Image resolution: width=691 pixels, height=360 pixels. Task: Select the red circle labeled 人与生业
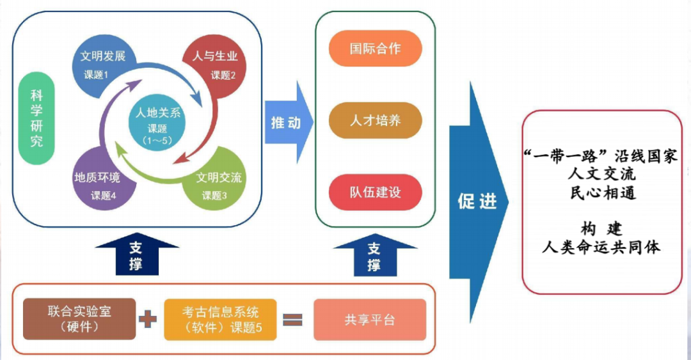(x=215, y=64)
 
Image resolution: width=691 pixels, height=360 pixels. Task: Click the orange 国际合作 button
(x=376, y=49)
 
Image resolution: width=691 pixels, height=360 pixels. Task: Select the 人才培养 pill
(x=376, y=120)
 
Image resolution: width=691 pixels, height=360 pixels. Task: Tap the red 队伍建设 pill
(x=376, y=192)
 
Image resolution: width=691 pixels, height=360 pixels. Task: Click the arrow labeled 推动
(x=287, y=122)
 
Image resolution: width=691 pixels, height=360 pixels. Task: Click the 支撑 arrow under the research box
(x=135, y=254)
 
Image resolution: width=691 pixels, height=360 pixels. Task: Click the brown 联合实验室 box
(x=80, y=318)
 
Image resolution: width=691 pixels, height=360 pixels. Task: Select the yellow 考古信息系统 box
(x=220, y=318)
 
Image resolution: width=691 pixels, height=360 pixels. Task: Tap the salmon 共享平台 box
(x=369, y=319)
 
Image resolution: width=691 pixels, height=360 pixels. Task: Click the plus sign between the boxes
(x=148, y=319)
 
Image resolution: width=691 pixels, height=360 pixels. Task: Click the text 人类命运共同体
(x=601, y=247)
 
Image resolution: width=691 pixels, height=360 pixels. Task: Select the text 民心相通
(x=602, y=192)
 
